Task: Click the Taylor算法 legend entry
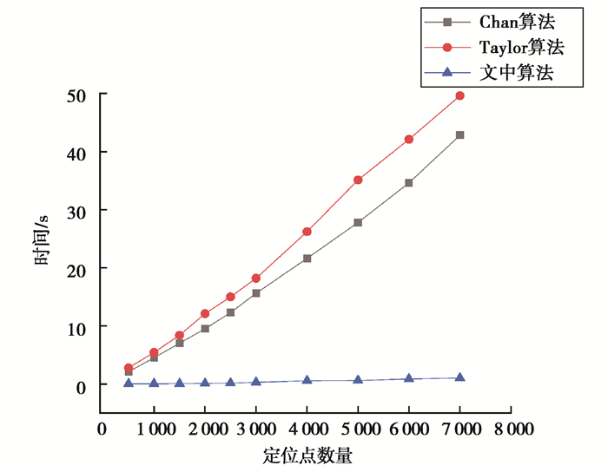point(516,46)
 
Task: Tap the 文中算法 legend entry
point(516,72)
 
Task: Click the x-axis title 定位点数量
point(307,455)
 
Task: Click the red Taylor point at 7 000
point(459,95)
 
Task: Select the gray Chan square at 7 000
point(459,135)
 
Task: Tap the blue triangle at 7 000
point(459,377)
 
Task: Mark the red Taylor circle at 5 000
point(357,180)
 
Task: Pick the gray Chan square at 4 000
point(307,258)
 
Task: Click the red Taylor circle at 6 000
point(408,139)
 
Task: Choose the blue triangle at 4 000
point(307,380)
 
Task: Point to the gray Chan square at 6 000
point(408,183)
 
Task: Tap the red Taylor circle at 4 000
point(307,232)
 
